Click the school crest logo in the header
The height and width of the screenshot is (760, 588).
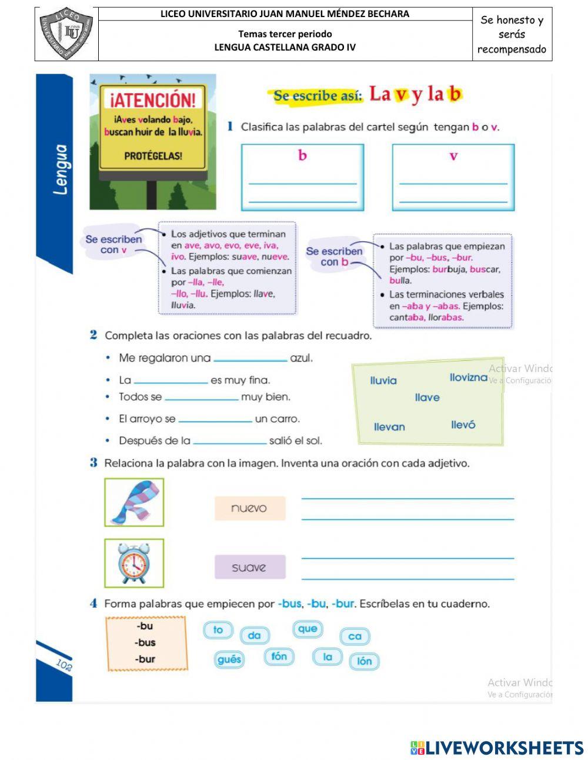(x=66, y=34)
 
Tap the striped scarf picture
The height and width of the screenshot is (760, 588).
(x=134, y=502)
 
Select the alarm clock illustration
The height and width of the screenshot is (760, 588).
(x=134, y=563)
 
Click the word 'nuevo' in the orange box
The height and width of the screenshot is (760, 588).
(x=249, y=508)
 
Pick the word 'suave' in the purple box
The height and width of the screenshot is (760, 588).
(x=249, y=567)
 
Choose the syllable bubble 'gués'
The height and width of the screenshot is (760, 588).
(x=229, y=659)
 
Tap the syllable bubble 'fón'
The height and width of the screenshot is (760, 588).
(x=279, y=656)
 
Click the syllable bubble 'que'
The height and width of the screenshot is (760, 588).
(x=308, y=629)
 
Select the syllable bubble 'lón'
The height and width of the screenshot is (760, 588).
(x=365, y=661)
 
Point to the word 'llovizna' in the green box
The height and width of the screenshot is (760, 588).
(x=468, y=377)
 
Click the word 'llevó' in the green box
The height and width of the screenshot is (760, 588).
(x=463, y=424)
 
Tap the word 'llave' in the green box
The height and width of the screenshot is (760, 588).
(x=427, y=397)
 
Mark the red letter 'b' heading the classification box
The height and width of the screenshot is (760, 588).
(x=302, y=155)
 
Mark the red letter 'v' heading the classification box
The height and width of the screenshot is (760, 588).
(x=453, y=156)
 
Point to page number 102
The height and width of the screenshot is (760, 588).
(x=64, y=665)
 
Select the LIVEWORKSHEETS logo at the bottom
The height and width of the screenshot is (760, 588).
(x=497, y=748)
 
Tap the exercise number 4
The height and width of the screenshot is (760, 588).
(x=93, y=603)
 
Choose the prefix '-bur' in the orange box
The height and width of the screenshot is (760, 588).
(x=145, y=659)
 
